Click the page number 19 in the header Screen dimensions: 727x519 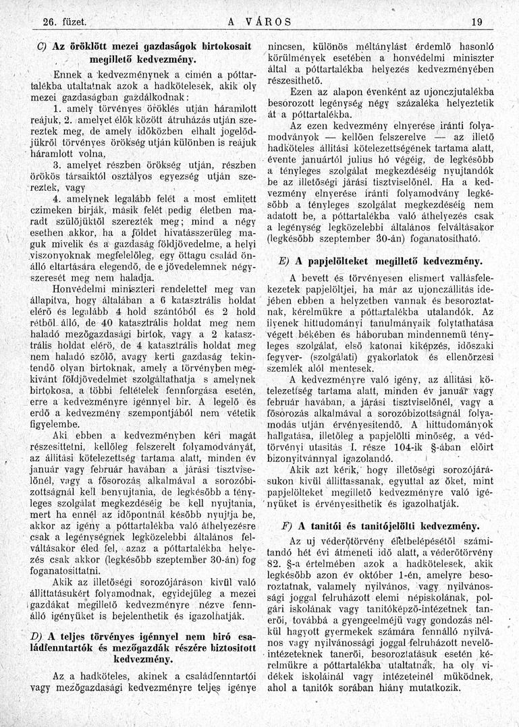click(x=478, y=22)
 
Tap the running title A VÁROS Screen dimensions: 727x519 click(x=260, y=22)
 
